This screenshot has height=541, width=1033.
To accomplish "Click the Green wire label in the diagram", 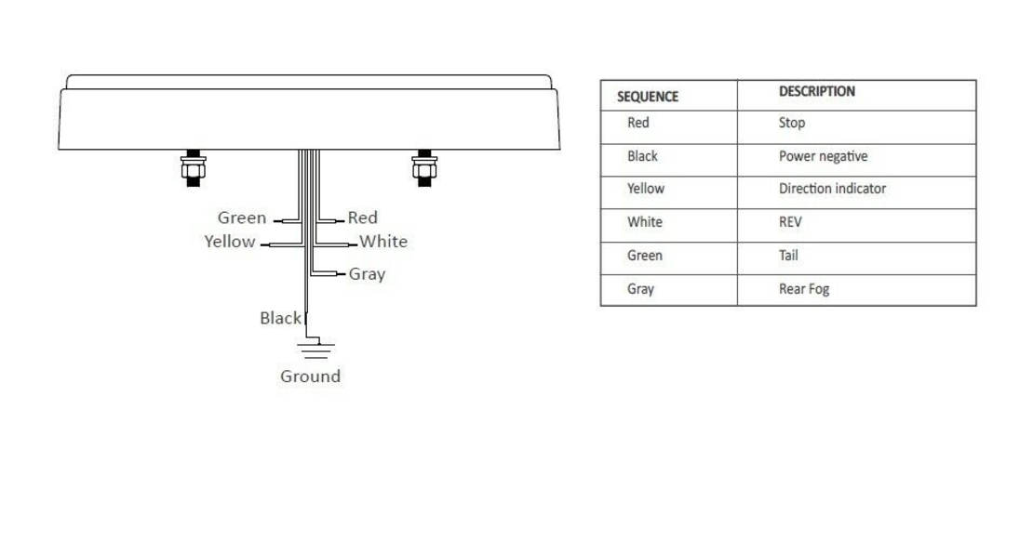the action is pos(242,218).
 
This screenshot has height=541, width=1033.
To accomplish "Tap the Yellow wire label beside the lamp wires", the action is pos(229,242).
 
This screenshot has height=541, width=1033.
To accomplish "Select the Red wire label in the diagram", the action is pos(362,218).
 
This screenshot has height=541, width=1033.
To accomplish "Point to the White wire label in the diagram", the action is pos(383,242).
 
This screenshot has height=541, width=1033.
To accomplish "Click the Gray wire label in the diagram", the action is pos(367,274).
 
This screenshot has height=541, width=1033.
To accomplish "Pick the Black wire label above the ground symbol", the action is pos(281,319).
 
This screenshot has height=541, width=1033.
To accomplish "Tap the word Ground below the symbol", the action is pos(310,376).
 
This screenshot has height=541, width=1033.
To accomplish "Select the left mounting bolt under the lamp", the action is pos(193,168).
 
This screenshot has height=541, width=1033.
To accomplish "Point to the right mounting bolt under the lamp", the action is pos(424,168).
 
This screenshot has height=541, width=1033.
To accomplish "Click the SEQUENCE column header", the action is pos(648,97).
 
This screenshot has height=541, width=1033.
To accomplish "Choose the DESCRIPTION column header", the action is pos(817,91).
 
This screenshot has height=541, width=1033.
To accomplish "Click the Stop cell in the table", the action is pos(792,123).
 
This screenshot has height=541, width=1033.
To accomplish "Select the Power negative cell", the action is pos(823,157).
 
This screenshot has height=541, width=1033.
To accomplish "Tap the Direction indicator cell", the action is pos(832,189).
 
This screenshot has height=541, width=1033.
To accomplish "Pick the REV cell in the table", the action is pos(790,222).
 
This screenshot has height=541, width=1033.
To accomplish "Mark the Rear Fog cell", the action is pos(804,290).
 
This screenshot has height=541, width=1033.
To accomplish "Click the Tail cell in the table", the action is pos(788,256).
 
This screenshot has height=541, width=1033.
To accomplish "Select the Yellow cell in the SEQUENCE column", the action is pos(646,189).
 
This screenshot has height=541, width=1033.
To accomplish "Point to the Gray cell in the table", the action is pos(640,290).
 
